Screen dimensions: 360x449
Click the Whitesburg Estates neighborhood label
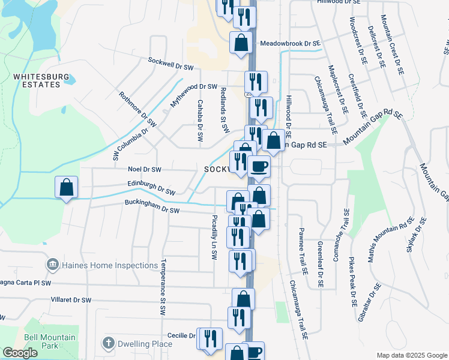[x=37, y=80]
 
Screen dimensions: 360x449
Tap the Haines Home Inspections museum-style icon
[x=52, y=265]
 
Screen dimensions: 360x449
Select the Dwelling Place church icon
[x=108, y=344]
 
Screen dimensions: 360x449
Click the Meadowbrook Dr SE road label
[x=291, y=44]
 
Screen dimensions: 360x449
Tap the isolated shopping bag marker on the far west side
[x=66, y=187]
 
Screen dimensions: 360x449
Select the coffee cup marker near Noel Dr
[x=259, y=166]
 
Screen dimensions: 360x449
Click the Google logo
[x=20, y=353]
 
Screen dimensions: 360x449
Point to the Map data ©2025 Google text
[x=411, y=355]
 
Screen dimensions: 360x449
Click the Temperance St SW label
[x=162, y=288]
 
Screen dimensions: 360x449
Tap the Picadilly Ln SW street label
[x=214, y=237]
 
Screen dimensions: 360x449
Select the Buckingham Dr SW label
[x=152, y=207]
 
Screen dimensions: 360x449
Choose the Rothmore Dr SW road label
[x=138, y=110]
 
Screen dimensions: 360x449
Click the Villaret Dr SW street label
[x=71, y=299]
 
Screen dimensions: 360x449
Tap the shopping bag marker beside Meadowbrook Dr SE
[x=241, y=43]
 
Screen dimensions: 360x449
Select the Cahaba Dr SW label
[x=200, y=121]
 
